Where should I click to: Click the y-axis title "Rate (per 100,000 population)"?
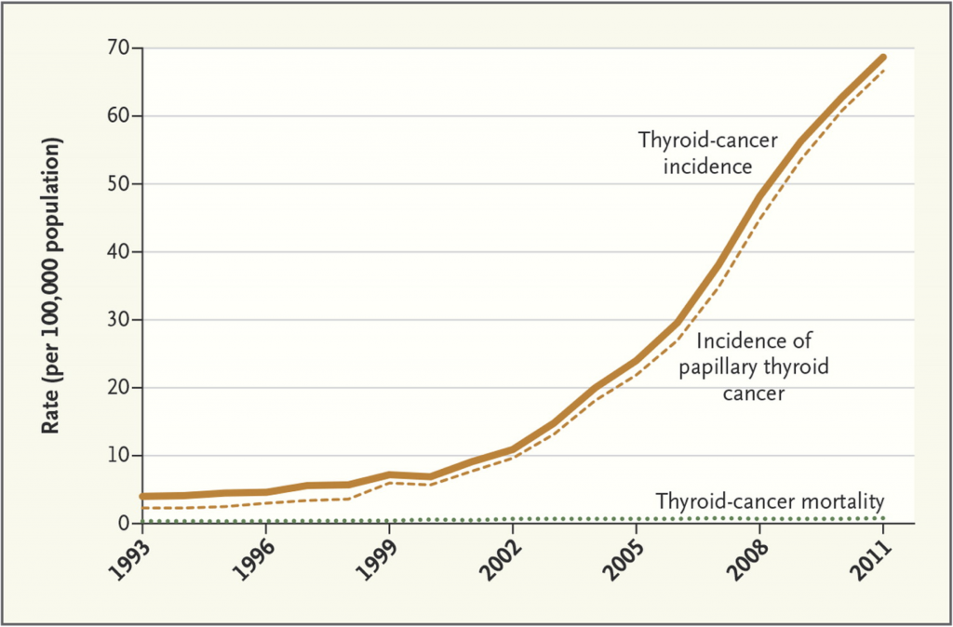(53, 285)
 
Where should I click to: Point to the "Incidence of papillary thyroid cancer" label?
(754, 367)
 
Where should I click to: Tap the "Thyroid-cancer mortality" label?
(770, 501)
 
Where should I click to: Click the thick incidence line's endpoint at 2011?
(882, 57)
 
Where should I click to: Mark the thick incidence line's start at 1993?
(142, 497)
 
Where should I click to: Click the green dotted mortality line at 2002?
(513, 519)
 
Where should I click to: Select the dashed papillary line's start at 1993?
(142, 507)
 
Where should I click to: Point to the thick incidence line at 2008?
(759, 195)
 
